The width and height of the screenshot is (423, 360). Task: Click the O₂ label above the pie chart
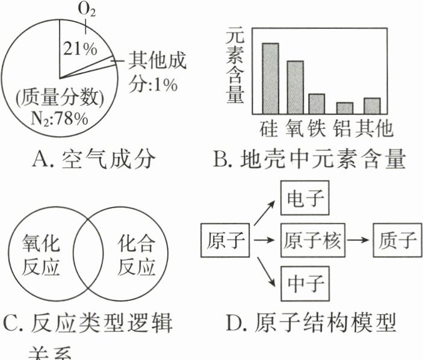pos(88,10)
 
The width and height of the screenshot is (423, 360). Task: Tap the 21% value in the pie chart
pos(78,49)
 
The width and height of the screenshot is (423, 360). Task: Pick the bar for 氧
pos(294,87)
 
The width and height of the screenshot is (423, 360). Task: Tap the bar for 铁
pos(316,104)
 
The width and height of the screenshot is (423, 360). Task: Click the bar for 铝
pos(344,108)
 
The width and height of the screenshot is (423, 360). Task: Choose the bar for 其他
pos(372,106)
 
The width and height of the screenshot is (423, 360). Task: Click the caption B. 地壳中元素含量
pos(309,160)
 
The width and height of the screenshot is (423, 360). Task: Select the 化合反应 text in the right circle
pos(134,255)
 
